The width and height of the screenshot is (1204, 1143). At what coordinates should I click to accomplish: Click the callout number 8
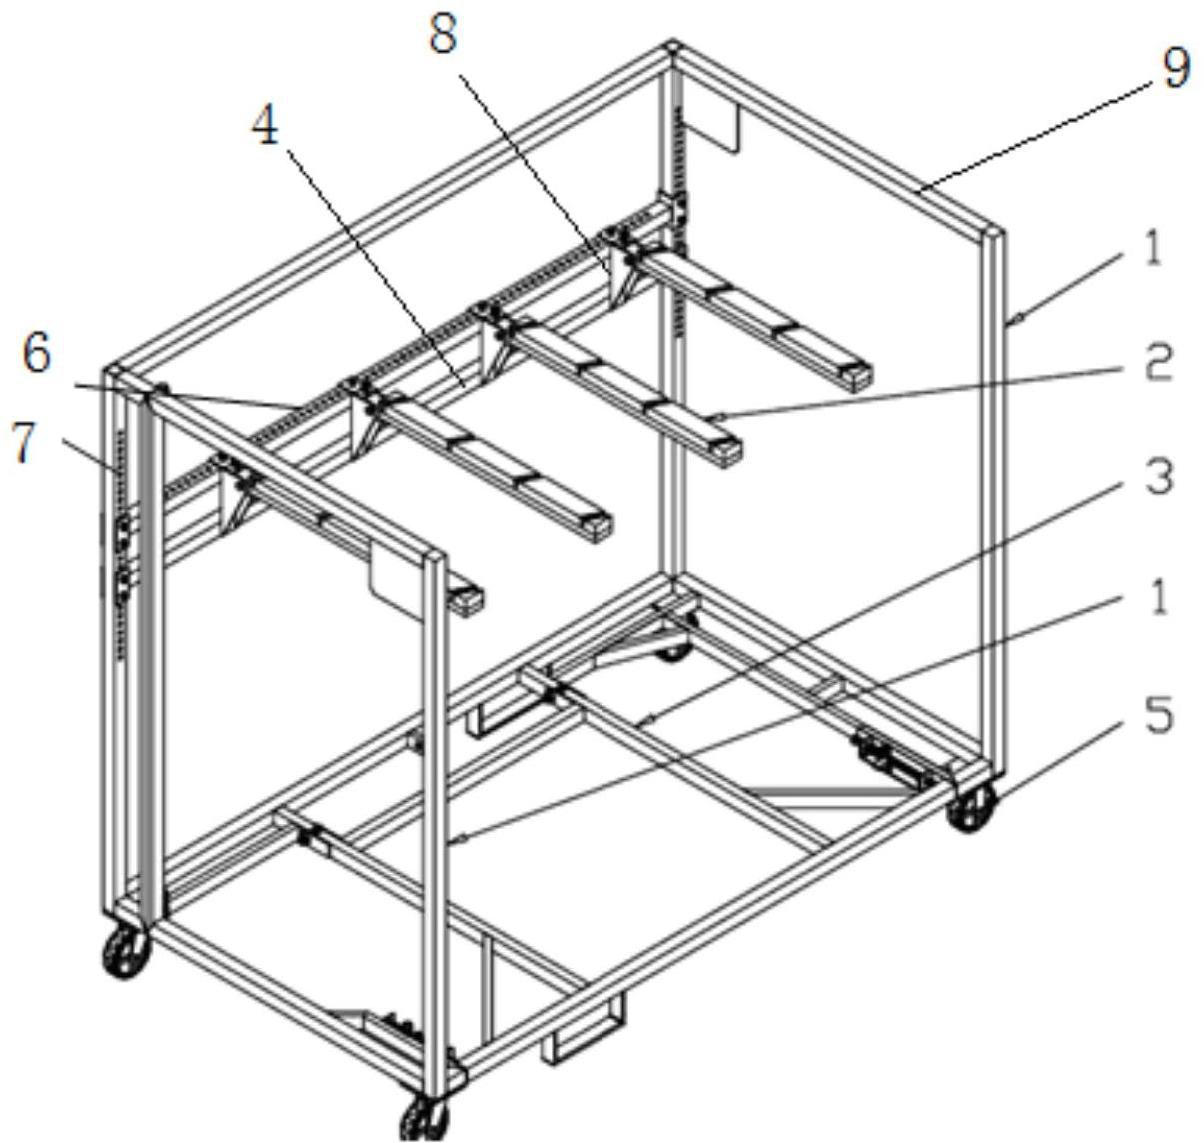click(x=442, y=35)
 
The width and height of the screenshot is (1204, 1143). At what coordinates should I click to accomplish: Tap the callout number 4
click(x=265, y=127)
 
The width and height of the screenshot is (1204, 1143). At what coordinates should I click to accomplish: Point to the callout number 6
click(x=37, y=354)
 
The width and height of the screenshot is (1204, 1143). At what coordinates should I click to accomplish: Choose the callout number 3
click(x=1158, y=477)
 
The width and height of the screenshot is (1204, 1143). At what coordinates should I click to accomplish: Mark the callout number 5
click(x=1158, y=716)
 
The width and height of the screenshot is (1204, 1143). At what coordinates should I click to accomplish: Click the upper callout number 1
click(x=1154, y=246)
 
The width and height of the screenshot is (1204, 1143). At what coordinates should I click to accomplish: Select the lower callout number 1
click(x=1157, y=597)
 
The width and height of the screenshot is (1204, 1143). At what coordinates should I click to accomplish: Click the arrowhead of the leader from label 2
click(x=717, y=413)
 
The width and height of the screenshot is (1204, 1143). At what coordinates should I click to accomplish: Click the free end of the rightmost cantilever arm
click(x=854, y=376)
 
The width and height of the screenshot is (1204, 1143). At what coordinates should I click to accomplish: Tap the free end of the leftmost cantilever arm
click(x=466, y=600)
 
